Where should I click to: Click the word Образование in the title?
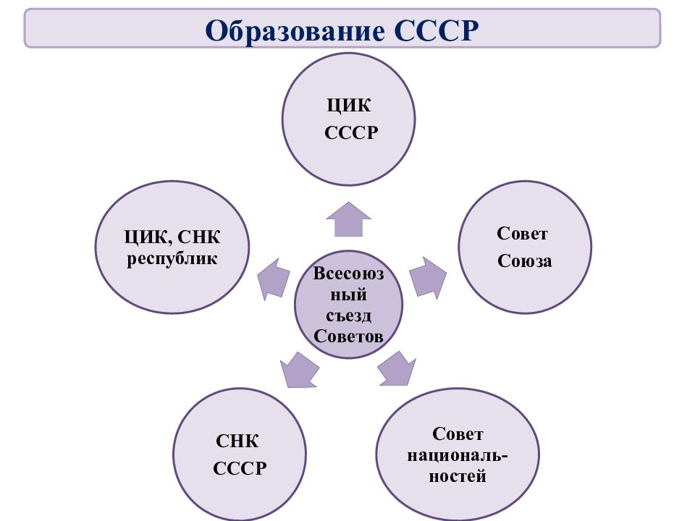(x=295, y=30)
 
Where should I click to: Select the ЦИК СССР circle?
(x=348, y=119)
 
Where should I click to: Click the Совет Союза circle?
(x=525, y=247)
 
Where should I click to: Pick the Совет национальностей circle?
(x=458, y=454)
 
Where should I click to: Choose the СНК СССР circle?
(x=240, y=454)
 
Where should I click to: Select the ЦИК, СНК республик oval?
(x=172, y=247)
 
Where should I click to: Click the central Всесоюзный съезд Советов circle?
(x=348, y=305)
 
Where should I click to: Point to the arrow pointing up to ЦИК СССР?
(x=348, y=219)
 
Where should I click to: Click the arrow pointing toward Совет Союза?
(x=428, y=278)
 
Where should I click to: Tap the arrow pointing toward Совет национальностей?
(x=397, y=369)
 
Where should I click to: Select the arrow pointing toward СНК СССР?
(x=300, y=370)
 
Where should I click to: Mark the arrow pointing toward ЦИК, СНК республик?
(x=274, y=279)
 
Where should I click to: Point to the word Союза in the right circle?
(x=525, y=261)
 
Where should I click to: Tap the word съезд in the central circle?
(x=348, y=315)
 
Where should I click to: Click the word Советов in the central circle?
(x=348, y=336)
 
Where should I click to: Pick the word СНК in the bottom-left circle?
(x=237, y=441)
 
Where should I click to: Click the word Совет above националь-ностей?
(x=458, y=434)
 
